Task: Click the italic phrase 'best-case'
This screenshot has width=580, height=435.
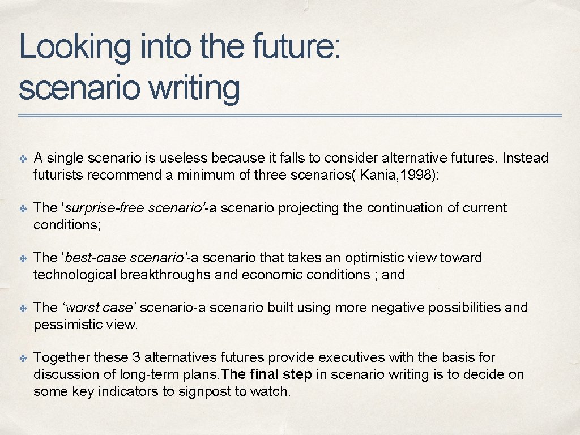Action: pyautogui.click(x=96, y=258)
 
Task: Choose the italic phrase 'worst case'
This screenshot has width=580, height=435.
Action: pyautogui.click(x=99, y=308)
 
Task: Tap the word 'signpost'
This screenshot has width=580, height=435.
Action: pyautogui.click(x=211, y=391)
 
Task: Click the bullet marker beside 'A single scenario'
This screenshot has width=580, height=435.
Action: pyautogui.click(x=22, y=159)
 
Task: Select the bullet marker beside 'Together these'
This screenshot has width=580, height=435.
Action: pyautogui.click(x=22, y=358)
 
